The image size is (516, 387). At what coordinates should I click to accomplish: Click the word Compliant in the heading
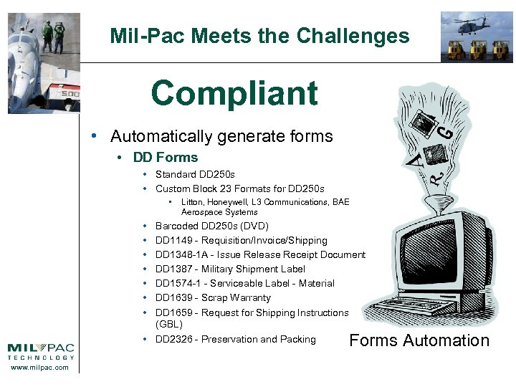tap(234, 93)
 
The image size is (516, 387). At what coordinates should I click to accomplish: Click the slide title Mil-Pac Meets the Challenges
tap(259, 36)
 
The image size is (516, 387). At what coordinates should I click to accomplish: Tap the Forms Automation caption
tap(419, 340)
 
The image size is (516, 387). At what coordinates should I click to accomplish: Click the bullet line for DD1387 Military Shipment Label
tap(230, 269)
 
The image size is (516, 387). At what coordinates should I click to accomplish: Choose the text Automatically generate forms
tap(221, 136)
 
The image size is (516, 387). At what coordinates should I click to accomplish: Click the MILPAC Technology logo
tap(41, 351)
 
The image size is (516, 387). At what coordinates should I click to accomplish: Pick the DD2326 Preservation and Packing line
tap(235, 340)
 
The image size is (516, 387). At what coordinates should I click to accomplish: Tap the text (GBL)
tap(169, 325)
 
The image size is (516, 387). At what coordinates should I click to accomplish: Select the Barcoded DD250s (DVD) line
tap(211, 226)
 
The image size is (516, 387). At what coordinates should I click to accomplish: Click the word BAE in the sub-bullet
tap(340, 203)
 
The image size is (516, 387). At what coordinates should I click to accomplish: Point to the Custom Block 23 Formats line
tap(239, 189)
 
